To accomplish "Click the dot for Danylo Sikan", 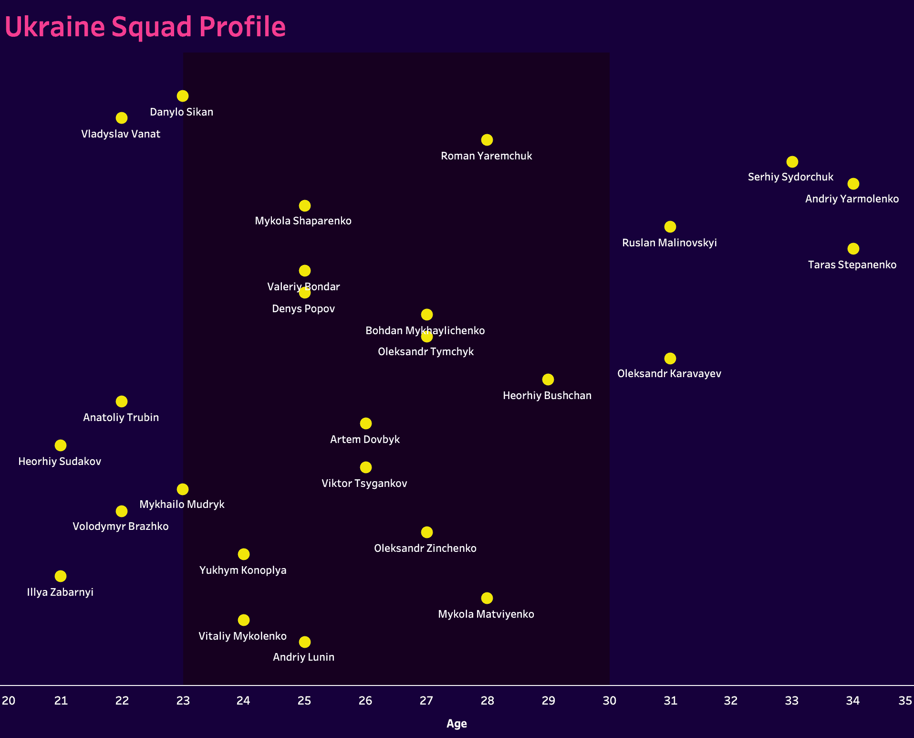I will click(x=183, y=96).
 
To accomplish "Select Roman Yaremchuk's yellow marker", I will click(x=487, y=140).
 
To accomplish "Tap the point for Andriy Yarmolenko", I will click(x=853, y=184).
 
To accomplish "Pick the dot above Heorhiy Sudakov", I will click(x=61, y=445).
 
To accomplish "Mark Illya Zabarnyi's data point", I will click(x=61, y=576).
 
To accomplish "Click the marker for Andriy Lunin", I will click(x=305, y=642).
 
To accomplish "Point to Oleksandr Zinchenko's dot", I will click(x=427, y=532).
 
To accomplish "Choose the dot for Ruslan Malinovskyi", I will click(x=670, y=227).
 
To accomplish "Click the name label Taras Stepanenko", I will click(x=852, y=265).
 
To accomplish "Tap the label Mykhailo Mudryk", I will click(x=182, y=505).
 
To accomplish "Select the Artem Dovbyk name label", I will click(x=365, y=440).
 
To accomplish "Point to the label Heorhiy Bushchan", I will click(x=547, y=396).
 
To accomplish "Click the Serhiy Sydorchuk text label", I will click(x=790, y=177).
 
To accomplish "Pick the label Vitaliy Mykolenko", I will click(x=242, y=636).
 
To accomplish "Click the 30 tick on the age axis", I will click(x=609, y=701).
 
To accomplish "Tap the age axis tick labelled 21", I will click(x=61, y=701).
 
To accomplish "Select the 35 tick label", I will click(x=905, y=701).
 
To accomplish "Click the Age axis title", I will click(x=457, y=724).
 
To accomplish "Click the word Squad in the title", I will click(x=152, y=27).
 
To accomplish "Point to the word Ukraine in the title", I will click(x=55, y=27).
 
